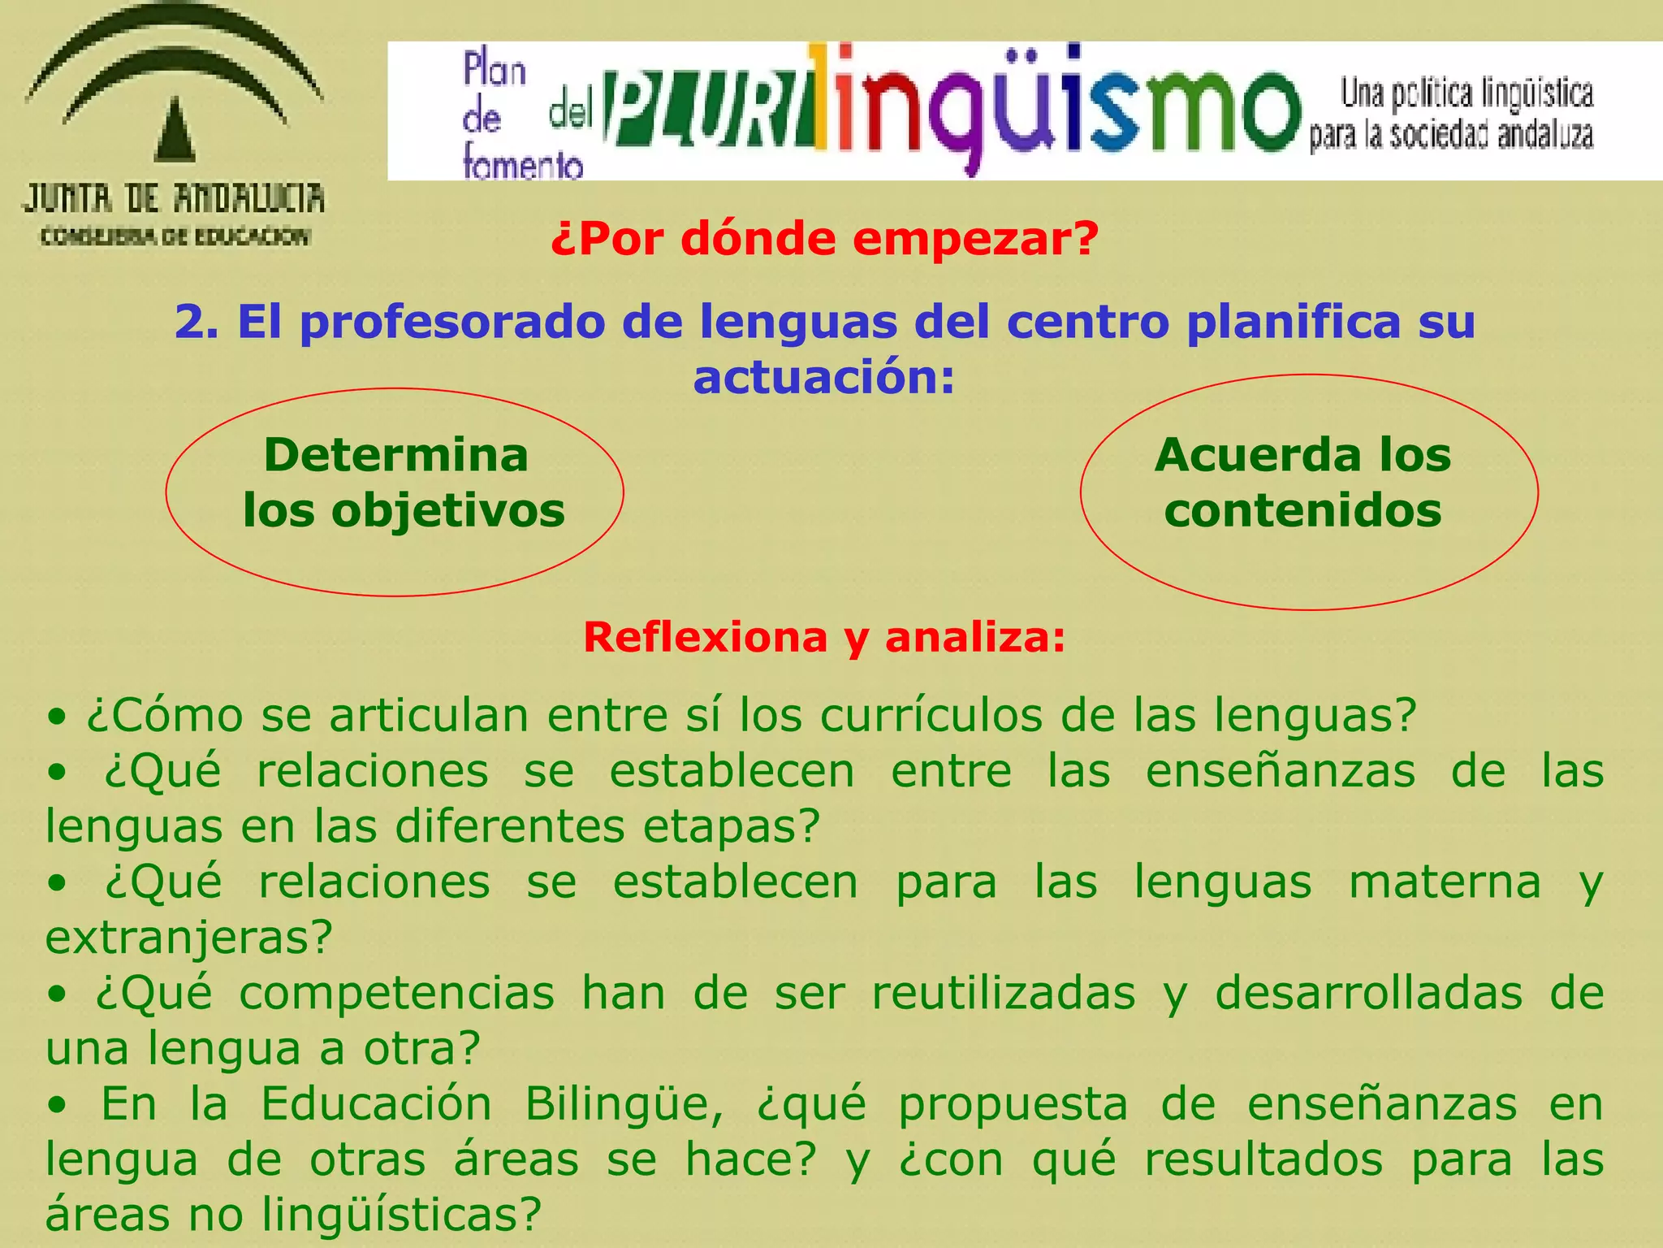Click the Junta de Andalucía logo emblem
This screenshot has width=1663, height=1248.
[x=174, y=89]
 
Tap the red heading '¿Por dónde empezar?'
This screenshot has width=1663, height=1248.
[x=824, y=239]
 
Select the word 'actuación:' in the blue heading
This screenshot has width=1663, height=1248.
[x=824, y=378]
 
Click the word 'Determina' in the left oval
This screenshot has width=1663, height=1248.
[x=396, y=455]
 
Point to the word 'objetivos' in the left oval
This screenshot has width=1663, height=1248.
[x=448, y=511]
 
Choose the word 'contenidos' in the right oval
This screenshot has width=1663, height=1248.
[x=1302, y=511]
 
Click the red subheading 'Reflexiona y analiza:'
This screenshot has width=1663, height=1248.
[x=824, y=637]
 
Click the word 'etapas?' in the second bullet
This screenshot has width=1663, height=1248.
[x=732, y=826]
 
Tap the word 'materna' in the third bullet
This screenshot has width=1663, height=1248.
[x=1445, y=882]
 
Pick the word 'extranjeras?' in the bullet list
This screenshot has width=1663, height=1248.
[x=189, y=938]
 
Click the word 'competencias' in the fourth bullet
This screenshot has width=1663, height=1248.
[x=397, y=994]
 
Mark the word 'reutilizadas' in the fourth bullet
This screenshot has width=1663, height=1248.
[x=1004, y=994]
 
